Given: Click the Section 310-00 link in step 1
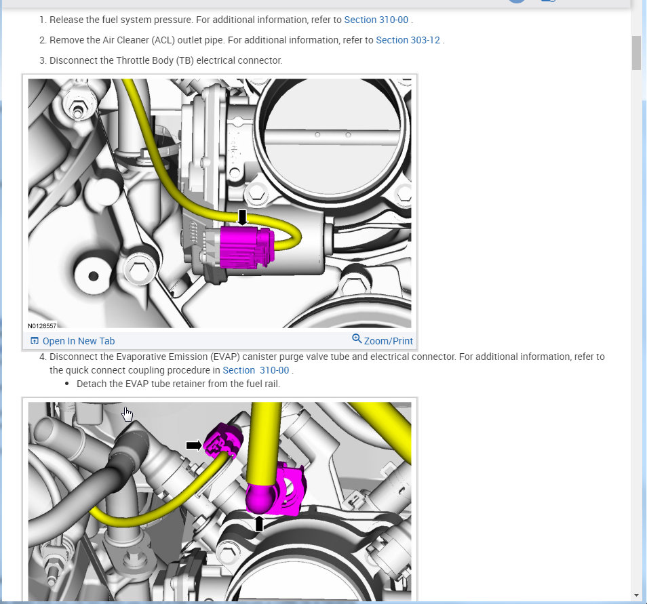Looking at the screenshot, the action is click(376, 20).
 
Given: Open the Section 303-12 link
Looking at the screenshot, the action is click(408, 40).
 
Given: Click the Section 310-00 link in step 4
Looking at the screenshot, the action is click(256, 370).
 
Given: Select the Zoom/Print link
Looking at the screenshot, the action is click(388, 341).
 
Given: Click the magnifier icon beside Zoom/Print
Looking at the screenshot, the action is click(357, 339).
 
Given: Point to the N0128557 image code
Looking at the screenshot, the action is click(42, 326).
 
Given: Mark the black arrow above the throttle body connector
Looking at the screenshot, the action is click(243, 217).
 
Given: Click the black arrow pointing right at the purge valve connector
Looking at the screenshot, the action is click(194, 445).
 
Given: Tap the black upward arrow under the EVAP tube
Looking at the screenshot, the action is click(258, 524).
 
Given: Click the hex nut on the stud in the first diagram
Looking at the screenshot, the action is click(77, 110).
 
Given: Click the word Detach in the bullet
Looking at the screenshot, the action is click(90, 384).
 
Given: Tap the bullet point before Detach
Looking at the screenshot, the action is click(67, 384).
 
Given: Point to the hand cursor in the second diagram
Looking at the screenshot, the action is click(127, 414).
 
